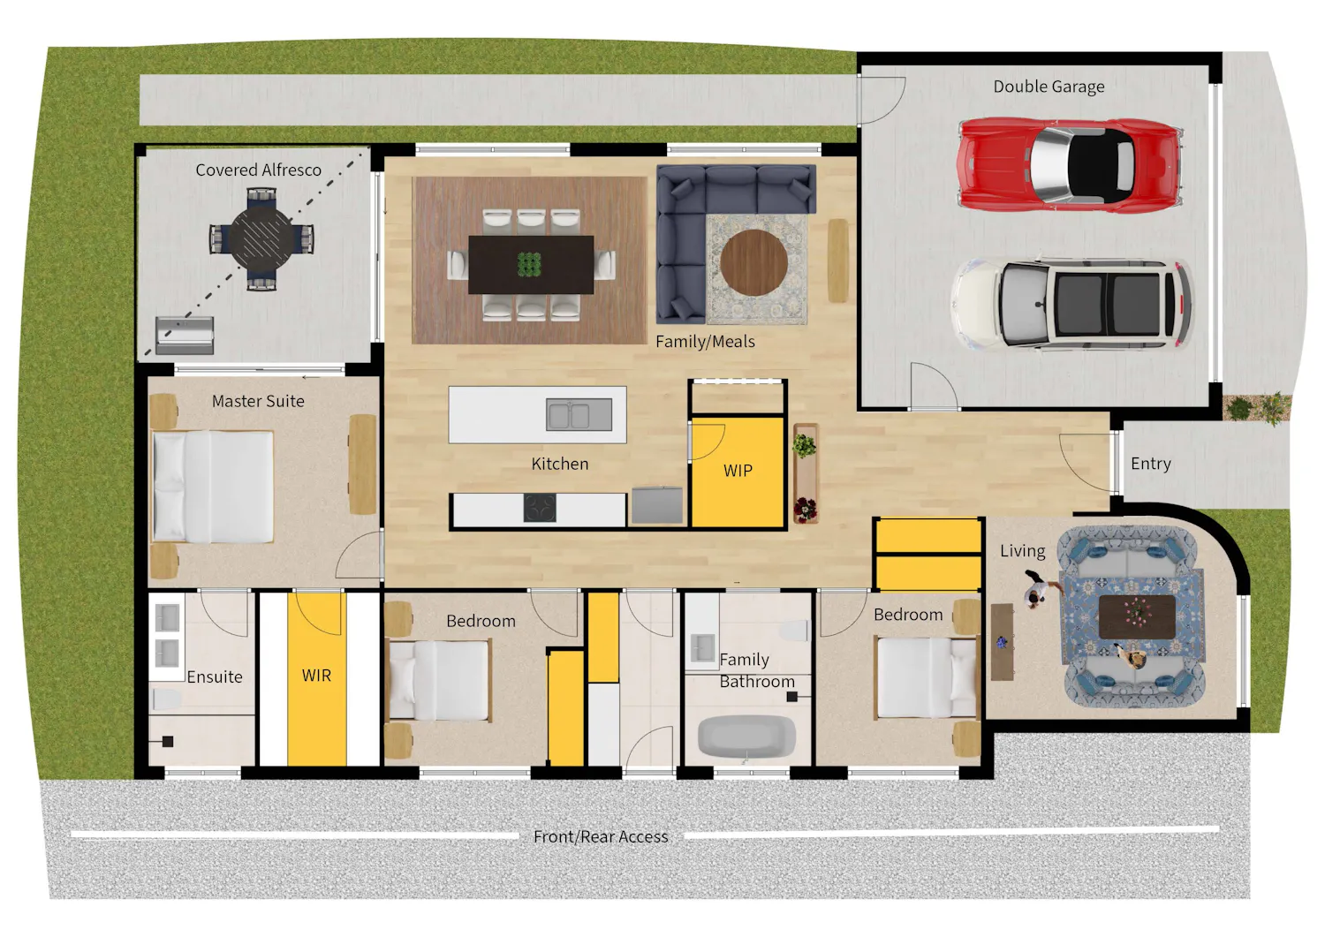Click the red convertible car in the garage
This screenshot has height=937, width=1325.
coord(1070,164)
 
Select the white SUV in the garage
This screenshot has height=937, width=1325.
coord(1071,304)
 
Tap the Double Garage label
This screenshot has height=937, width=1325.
coord(1049,87)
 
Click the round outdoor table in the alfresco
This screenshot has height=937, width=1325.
coord(261,239)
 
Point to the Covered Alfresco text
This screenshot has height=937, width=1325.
coord(259,170)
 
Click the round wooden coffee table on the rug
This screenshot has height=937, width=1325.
coord(753,262)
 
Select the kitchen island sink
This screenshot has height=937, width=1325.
coord(579,414)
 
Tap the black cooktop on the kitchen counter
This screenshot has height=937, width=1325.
coord(540,508)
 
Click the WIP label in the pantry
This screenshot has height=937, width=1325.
coord(738,471)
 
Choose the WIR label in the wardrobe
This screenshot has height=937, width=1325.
coord(316,676)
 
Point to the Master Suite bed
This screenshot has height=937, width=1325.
coord(213,487)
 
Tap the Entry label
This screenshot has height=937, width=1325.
coord(1150,464)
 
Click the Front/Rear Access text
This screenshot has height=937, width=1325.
coord(601,836)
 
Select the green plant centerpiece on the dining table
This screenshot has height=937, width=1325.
coord(529,264)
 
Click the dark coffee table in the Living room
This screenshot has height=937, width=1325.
coord(1137,617)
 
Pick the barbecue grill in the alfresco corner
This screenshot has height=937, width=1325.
coord(185,336)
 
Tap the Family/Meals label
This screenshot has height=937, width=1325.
coord(705,341)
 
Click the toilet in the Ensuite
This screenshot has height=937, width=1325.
coord(167,699)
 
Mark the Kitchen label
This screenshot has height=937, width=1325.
coord(559,464)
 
